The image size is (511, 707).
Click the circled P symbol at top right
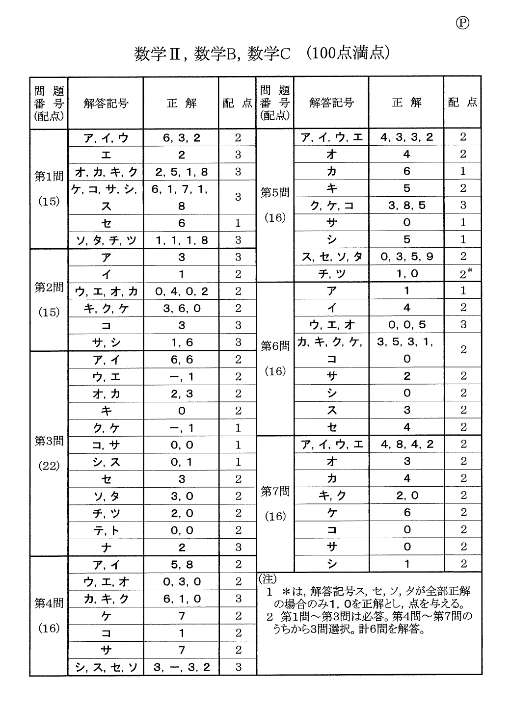462,23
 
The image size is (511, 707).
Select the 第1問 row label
49,177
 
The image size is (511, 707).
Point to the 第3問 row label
49,441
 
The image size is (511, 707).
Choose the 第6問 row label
275,346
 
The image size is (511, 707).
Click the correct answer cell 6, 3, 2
182,138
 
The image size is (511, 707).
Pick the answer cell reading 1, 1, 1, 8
182,240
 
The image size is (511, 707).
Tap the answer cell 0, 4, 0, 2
182,291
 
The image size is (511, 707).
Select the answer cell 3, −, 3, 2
182,667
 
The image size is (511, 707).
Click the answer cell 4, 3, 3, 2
406,137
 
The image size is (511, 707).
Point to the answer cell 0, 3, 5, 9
406,257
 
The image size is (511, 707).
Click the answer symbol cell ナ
106,548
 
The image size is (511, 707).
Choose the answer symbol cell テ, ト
106,530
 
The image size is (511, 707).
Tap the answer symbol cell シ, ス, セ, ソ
106,667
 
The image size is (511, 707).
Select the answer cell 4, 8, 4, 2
406,445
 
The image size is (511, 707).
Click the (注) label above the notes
268,578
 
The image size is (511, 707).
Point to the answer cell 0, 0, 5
406,325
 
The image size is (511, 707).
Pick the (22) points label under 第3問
49,466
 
